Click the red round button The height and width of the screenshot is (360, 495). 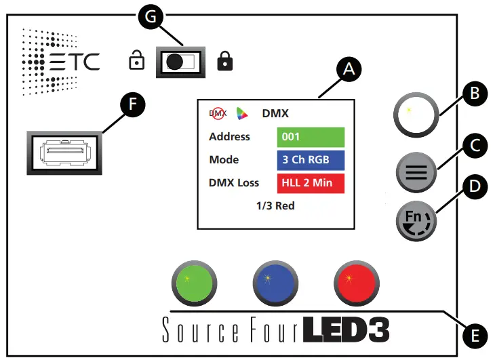[x=355, y=281]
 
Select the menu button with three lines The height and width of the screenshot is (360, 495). [x=416, y=172]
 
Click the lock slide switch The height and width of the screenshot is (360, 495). [x=180, y=62]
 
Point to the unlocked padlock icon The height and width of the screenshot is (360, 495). [x=136, y=62]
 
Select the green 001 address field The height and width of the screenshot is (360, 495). [x=311, y=137]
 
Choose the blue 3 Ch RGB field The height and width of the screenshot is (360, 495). [x=311, y=160]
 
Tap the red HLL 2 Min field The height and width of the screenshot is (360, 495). [x=311, y=183]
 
